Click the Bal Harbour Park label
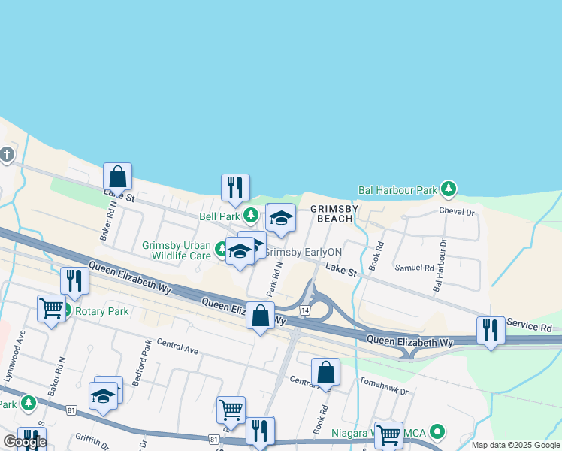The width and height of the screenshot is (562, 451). [397, 191]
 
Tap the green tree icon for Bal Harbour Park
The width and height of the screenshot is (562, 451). [449, 188]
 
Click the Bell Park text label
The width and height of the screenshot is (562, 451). [219, 216]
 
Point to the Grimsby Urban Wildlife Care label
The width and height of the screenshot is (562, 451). [177, 250]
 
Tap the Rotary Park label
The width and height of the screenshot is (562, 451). [101, 311]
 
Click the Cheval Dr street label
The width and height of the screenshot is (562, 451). [457, 213]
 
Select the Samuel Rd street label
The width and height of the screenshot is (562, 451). [414, 268]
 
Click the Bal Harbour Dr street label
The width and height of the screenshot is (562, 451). [440, 265]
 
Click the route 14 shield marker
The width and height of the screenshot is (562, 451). [304, 310]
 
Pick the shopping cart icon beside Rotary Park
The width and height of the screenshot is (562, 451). [51, 307]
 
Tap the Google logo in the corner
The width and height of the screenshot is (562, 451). [24, 442]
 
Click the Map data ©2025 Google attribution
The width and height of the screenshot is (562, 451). [515, 445]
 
